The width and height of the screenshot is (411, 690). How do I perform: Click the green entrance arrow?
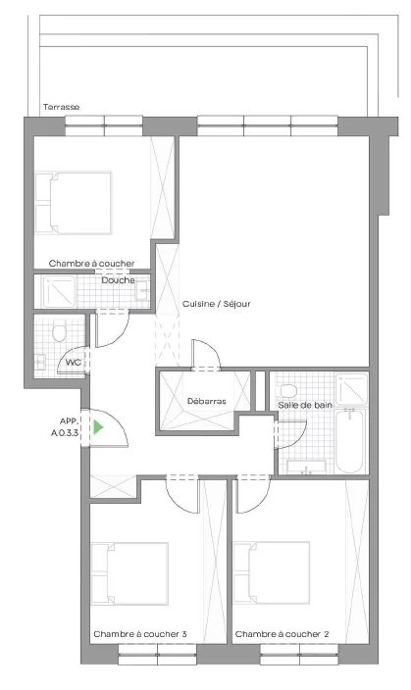[x=98, y=427]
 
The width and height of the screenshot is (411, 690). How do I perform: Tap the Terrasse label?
[x=61, y=107]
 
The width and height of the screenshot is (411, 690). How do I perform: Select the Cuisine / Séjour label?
[x=217, y=304]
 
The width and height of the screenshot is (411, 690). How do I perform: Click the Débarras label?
[x=207, y=401]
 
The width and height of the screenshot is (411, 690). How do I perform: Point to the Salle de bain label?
[x=305, y=405]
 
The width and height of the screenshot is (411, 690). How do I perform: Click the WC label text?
[x=74, y=363]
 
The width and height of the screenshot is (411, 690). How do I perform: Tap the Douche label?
[x=118, y=280]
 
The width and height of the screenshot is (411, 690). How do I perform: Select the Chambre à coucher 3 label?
[x=139, y=634]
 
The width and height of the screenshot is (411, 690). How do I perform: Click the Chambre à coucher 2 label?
[x=282, y=634]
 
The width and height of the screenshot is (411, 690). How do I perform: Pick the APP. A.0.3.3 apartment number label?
[x=65, y=426]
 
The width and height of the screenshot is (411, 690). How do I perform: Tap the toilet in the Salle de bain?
[x=287, y=390]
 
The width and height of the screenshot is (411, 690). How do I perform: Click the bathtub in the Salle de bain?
[x=349, y=440]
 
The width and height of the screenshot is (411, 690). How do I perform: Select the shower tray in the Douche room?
[x=59, y=291]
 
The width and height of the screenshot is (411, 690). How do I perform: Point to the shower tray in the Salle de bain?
[x=351, y=388]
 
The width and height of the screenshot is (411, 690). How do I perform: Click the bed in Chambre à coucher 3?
[x=129, y=573]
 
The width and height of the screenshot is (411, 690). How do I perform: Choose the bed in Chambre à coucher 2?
[x=272, y=573]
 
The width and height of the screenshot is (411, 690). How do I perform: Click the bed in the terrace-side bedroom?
[x=74, y=203]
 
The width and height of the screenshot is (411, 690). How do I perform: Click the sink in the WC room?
[x=40, y=362]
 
